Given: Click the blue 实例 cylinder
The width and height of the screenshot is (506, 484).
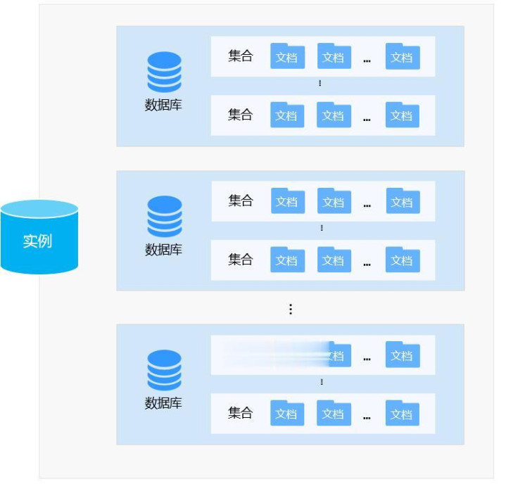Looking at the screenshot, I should pyautogui.click(x=39, y=237).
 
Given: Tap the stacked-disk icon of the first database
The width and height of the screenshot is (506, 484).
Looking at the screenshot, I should pyautogui.click(x=164, y=71).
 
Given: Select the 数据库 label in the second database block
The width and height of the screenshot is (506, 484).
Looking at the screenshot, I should pyautogui.click(x=163, y=250).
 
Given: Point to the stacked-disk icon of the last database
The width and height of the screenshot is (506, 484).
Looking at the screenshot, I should pyautogui.click(x=164, y=370).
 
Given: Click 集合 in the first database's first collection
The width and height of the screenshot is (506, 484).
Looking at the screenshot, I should pyautogui.click(x=240, y=56).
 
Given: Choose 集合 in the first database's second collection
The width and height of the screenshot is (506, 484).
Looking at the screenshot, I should pyautogui.click(x=240, y=115).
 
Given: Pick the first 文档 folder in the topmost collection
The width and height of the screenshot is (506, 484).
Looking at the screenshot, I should pyautogui.click(x=287, y=56).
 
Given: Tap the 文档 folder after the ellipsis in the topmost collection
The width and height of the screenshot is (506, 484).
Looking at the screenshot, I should pyautogui.click(x=403, y=56).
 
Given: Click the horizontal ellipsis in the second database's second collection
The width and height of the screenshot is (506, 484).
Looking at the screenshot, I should pyautogui.click(x=367, y=264).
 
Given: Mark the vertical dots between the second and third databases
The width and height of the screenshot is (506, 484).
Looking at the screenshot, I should pyautogui.click(x=291, y=309).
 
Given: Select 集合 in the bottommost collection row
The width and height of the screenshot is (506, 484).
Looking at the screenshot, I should pyautogui.click(x=240, y=413).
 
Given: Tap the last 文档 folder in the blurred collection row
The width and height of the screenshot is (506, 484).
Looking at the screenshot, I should pyautogui.click(x=403, y=355).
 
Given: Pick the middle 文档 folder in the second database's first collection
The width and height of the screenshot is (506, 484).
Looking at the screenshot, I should pyautogui.click(x=334, y=201).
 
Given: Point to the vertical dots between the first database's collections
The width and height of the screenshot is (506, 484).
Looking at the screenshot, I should pyautogui.click(x=320, y=83).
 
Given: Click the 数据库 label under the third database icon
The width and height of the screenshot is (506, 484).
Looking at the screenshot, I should pyautogui.click(x=163, y=403).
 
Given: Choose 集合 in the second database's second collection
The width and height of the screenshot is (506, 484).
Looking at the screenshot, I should pyautogui.click(x=240, y=260).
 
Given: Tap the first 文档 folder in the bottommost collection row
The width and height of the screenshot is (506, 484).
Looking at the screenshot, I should pyautogui.click(x=287, y=413).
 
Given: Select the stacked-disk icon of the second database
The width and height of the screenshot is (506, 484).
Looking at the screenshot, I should pyautogui.click(x=164, y=216).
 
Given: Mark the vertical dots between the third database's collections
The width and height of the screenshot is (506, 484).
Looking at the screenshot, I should pyautogui.click(x=322, y=382).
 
